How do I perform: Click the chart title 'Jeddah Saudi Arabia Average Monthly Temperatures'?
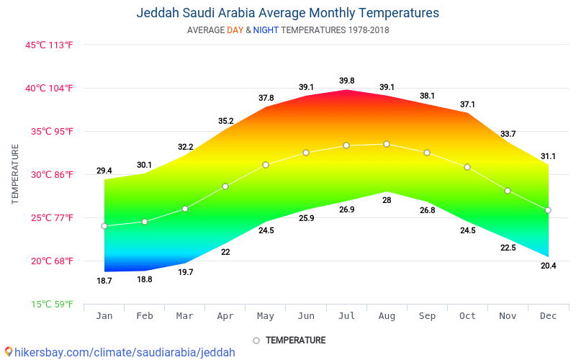coord(287,13)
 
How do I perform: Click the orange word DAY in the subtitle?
coord(235,30)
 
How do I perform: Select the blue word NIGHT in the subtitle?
coord(266,30)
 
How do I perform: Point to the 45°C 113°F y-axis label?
coord(50,45)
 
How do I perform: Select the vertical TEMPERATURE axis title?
coord(15,174)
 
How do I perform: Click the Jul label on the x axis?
coord(346,315)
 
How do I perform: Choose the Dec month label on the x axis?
coord(548,315)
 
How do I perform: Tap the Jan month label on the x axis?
coord(104,315)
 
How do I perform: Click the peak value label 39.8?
coord(346,81)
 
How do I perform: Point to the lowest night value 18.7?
coord(104,281)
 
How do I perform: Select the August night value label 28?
coord(387,200)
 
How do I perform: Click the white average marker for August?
coord(387,144)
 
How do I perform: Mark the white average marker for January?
coord(104,226)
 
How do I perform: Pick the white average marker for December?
coord(548,210)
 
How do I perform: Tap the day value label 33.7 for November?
coord(508,134)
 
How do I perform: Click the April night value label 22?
coord(225,252)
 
